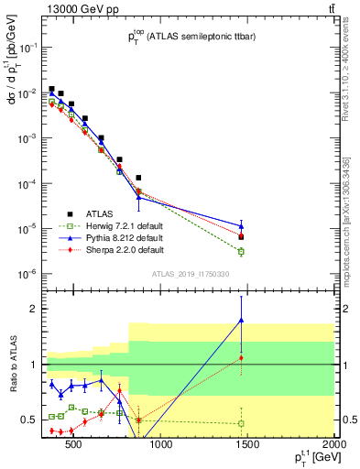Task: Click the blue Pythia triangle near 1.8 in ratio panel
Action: click(x=241, y=320)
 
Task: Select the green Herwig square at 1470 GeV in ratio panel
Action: click(x=241, y=423)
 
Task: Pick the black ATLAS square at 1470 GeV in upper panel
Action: click(x=241, y=236)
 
